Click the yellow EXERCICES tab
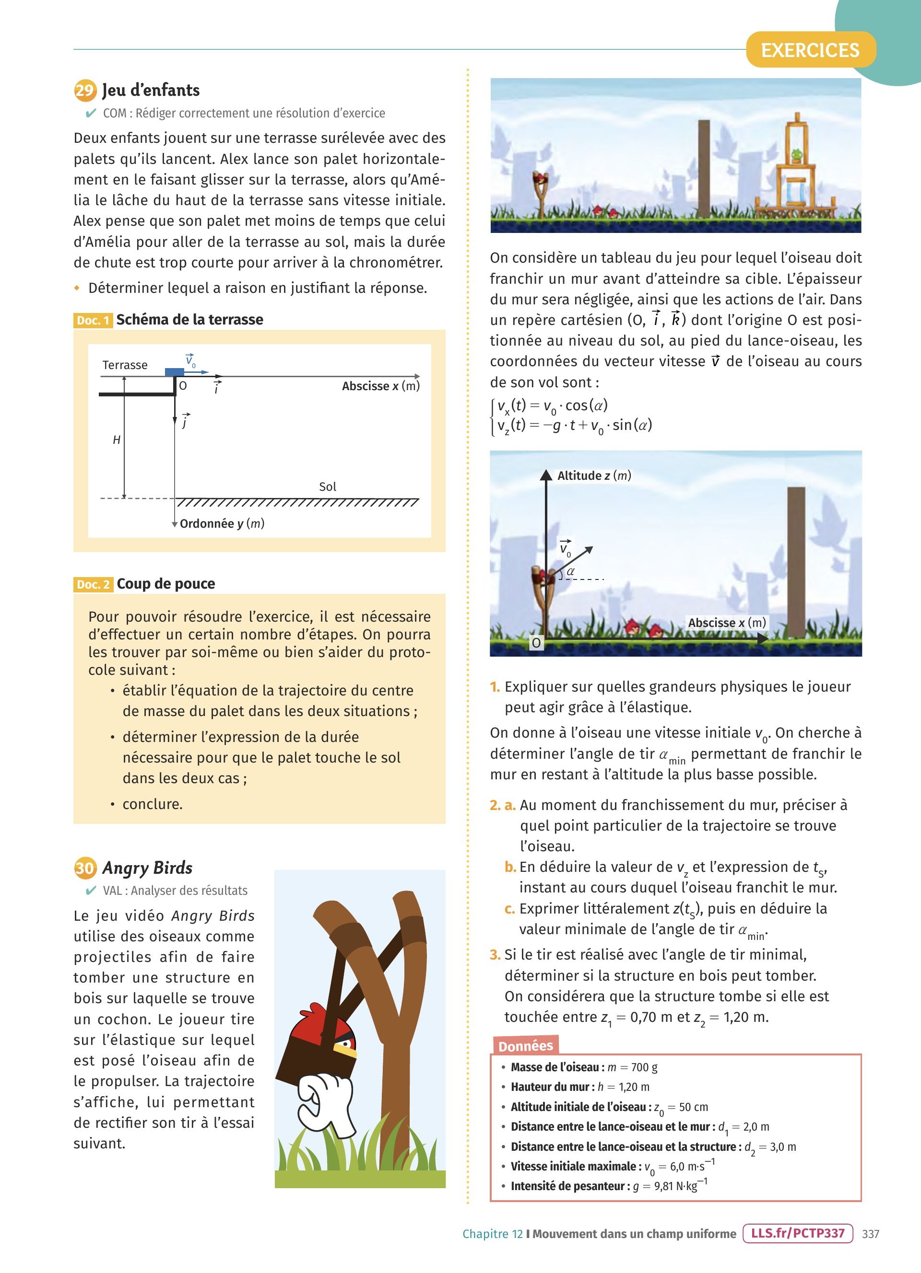[x=810, y=50]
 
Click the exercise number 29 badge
[x=85, y=90]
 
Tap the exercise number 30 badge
[x=85, y=868]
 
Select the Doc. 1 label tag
[x=93, y=321]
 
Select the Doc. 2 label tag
[x=93, y=584]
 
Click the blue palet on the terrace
[x=174, y=371]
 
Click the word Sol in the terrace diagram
[x=328, y=486]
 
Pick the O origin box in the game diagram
[x=536, y=643]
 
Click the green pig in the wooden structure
[x=795, y=155]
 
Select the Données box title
[x=525, y=1046]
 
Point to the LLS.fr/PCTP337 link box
[x=797, y=1233]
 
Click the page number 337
[x=871, y=1234]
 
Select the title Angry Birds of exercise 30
[x=147, y=868]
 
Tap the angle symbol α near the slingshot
[x=570, y=571]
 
